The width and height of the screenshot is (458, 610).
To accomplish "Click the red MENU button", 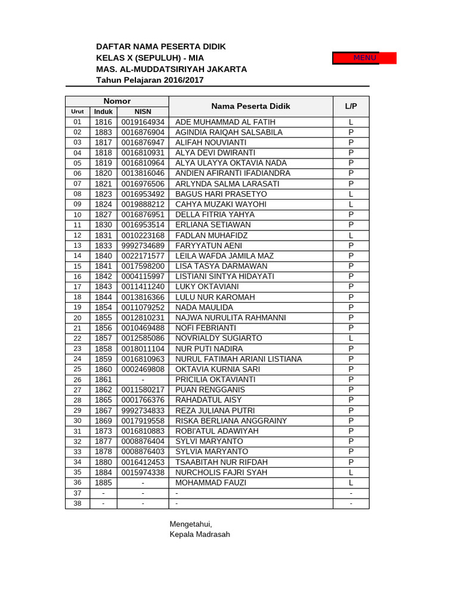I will pos(364,58).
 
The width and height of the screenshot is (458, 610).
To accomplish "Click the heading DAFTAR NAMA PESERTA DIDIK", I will pos(161,46).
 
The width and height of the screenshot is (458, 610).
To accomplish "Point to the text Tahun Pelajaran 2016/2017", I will pos(150,80).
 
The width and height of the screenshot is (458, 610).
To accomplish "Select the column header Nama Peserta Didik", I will pos(250,106).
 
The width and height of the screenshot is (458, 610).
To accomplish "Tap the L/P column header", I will pos(351,106).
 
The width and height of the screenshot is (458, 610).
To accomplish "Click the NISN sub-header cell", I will pos(143,111).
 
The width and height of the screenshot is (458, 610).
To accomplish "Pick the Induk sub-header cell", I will pos(103,111).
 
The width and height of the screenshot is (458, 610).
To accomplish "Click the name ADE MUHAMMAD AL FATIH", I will pos(225,122).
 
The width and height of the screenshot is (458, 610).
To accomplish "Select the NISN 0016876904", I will pos(143,132).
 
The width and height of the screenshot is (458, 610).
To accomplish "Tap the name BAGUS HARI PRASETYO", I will pos(221,194).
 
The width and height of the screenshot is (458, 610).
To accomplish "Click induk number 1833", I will pos(103,245).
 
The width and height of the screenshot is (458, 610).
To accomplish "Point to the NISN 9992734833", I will pos(143,410).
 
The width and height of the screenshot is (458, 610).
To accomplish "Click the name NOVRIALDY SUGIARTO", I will pos(218,338).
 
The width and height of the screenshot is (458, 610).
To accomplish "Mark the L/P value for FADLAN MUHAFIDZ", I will pos(351,235).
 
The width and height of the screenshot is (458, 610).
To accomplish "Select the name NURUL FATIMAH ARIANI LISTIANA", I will pos(239,359).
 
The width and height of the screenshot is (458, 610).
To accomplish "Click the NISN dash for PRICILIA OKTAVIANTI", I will pos(143,379).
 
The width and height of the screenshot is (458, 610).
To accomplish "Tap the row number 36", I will pos(78,483).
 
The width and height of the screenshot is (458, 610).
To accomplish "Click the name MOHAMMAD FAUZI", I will pos(211,483).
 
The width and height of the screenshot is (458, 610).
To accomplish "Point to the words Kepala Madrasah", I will pos(200,534).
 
